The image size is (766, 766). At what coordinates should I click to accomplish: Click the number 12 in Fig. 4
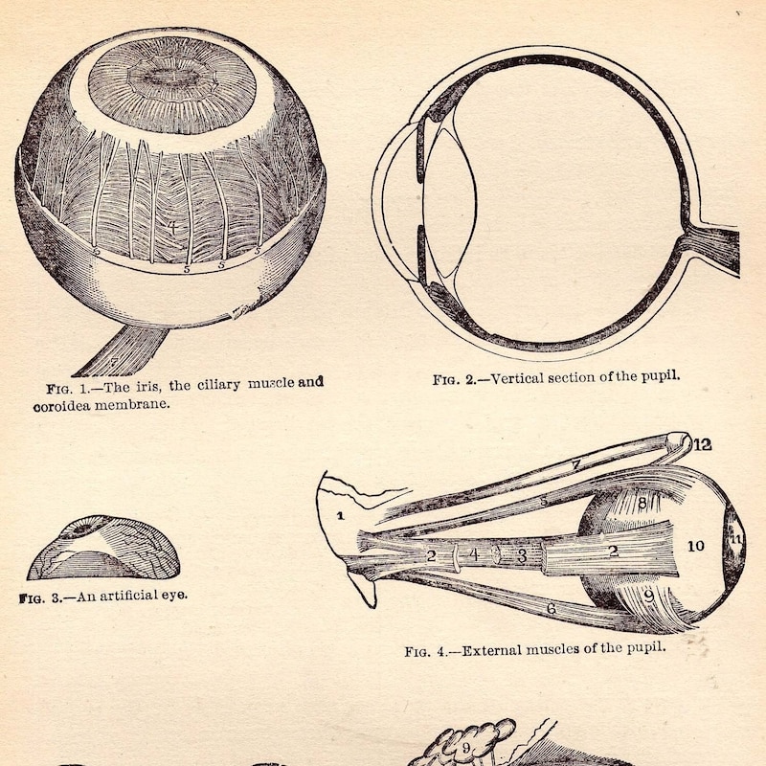pos(702,444)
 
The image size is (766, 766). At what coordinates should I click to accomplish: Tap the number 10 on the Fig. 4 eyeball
pos(696,546)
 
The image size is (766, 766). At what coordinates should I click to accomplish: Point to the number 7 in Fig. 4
pos(575,464)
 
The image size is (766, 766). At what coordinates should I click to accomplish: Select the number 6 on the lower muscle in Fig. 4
pos(552,608)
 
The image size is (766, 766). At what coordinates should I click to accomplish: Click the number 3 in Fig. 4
pos(522,556)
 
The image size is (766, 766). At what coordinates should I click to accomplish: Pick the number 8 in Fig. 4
pos(642,502)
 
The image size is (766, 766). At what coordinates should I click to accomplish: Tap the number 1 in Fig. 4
pos(341,515)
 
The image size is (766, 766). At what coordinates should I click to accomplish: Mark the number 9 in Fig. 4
pos(649,596)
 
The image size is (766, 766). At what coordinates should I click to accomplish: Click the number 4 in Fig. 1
pos(172,227)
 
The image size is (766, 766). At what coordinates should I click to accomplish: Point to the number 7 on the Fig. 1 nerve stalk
pos(113,362)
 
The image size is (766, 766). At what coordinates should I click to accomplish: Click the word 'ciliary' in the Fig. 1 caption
pos(218,385)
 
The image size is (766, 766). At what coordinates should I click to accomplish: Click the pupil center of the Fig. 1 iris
pos(171,78)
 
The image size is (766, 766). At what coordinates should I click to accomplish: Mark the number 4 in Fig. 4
pos(473,554)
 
